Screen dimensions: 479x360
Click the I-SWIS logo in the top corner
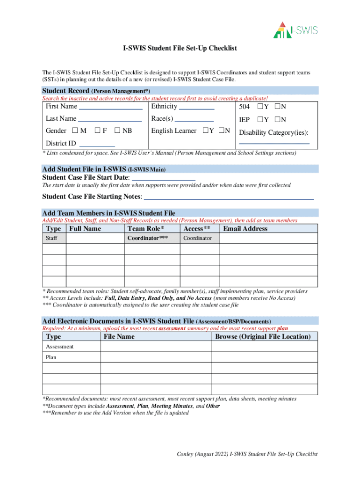click(295, 30)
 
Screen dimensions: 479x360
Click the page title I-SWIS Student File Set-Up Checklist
click(180, 48)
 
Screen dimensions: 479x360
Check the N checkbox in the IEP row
click(277, 120)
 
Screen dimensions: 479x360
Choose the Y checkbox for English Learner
click(205, 131)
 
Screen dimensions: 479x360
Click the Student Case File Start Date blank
click(164, 178)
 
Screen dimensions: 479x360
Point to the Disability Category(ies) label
click(274, 133)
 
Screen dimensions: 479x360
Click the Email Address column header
click(245, 229)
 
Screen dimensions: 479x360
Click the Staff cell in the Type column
click(52, 239)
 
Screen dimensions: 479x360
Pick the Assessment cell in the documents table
click(59, 347)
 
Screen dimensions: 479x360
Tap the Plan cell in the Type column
click(51, 357)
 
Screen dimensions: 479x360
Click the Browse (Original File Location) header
click(262, 337)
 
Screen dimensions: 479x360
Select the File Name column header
click(119, 337)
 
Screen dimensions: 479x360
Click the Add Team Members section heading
click(108, 213)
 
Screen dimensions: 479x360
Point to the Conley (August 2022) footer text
click(247, 454)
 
